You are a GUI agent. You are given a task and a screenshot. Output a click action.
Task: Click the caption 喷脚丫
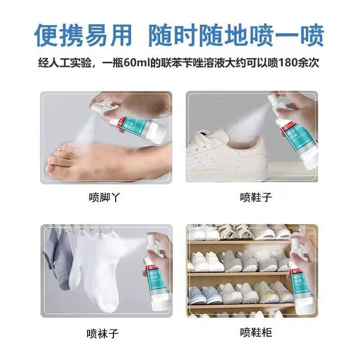pyautogui.click(x=105, y=197)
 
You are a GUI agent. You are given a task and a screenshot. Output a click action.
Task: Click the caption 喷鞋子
pyautogui.click(x=256, y=197)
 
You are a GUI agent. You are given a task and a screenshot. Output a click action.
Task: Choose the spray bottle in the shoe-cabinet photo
pyautogui.click(x=303, y=274)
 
